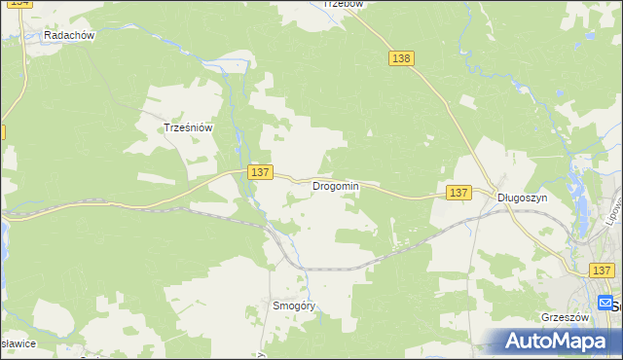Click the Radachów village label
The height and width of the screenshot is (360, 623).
68,35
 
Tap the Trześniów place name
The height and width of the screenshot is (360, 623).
188,126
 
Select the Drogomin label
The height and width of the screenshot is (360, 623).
335,186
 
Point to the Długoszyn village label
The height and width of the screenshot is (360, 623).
523,197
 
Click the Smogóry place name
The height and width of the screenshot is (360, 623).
294,306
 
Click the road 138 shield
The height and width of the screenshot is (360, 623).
402,58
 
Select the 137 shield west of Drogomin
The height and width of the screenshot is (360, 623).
258,172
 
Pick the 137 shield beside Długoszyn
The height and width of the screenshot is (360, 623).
459,193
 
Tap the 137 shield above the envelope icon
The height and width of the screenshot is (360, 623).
603,270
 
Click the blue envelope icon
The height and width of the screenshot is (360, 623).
605,303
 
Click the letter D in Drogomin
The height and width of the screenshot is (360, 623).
315,186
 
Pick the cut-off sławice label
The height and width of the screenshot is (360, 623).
18,342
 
